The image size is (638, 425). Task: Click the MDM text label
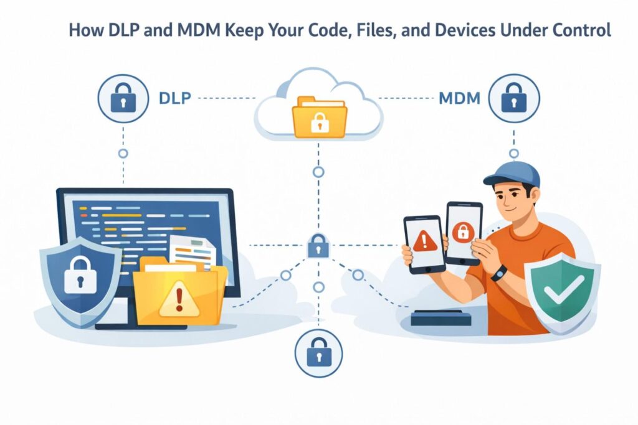(x=459, y=98)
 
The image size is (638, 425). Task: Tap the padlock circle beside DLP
(x=123, y=99)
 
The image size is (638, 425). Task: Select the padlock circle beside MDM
(x=513, y=99)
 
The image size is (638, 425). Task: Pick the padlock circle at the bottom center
(x=318, y=353)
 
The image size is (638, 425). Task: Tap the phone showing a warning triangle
(x=424, y=243)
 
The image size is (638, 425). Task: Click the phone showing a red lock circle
(x=463, y=233)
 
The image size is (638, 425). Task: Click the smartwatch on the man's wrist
(x=498, y=273)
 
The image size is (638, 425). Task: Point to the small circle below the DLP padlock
(x=123, y=152)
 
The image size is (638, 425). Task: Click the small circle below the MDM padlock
(x=513, y=153)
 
